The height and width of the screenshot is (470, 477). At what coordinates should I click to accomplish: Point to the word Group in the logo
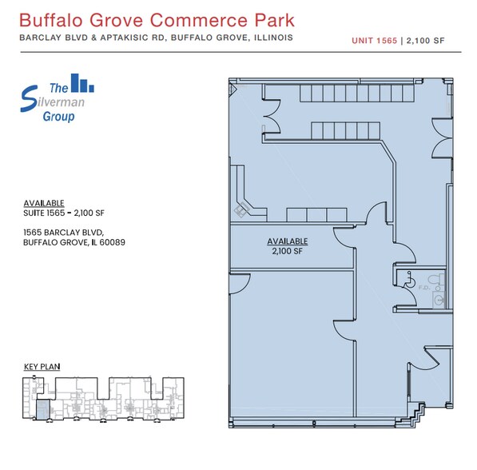coord(59,117)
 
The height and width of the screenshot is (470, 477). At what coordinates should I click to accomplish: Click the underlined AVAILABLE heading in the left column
coord(44,203)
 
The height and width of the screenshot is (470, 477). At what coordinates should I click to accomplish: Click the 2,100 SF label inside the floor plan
coord(287,250)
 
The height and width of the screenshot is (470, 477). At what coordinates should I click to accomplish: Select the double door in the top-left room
coord(268,112)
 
